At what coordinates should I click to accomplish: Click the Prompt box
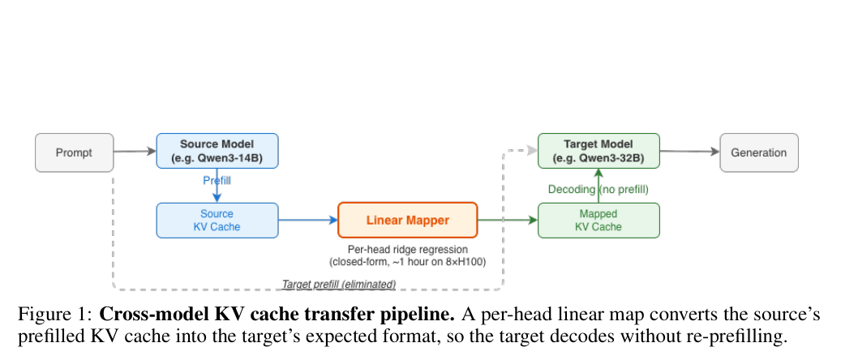coord(75,153)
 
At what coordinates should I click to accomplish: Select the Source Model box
coord(217,151)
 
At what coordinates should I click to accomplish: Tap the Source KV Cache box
coord(217,220)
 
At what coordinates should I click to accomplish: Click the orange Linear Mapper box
coord(408,220)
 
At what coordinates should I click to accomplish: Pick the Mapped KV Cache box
coord(599,220)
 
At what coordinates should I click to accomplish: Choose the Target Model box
coord(599,151)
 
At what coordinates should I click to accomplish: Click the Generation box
coord(759,153)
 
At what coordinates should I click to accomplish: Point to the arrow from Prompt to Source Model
coord(135,152)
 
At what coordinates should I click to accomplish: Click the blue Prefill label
coord(217,181)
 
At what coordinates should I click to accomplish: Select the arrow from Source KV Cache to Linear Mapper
coord(308,220)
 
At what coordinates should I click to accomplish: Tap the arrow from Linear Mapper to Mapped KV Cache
coord(508,220)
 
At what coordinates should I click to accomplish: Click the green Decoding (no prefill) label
coord(598,190)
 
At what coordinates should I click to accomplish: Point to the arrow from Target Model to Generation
coord(689,152)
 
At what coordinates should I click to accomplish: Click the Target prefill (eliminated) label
coord(339,284)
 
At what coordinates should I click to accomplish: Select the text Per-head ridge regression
coord(408,250)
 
